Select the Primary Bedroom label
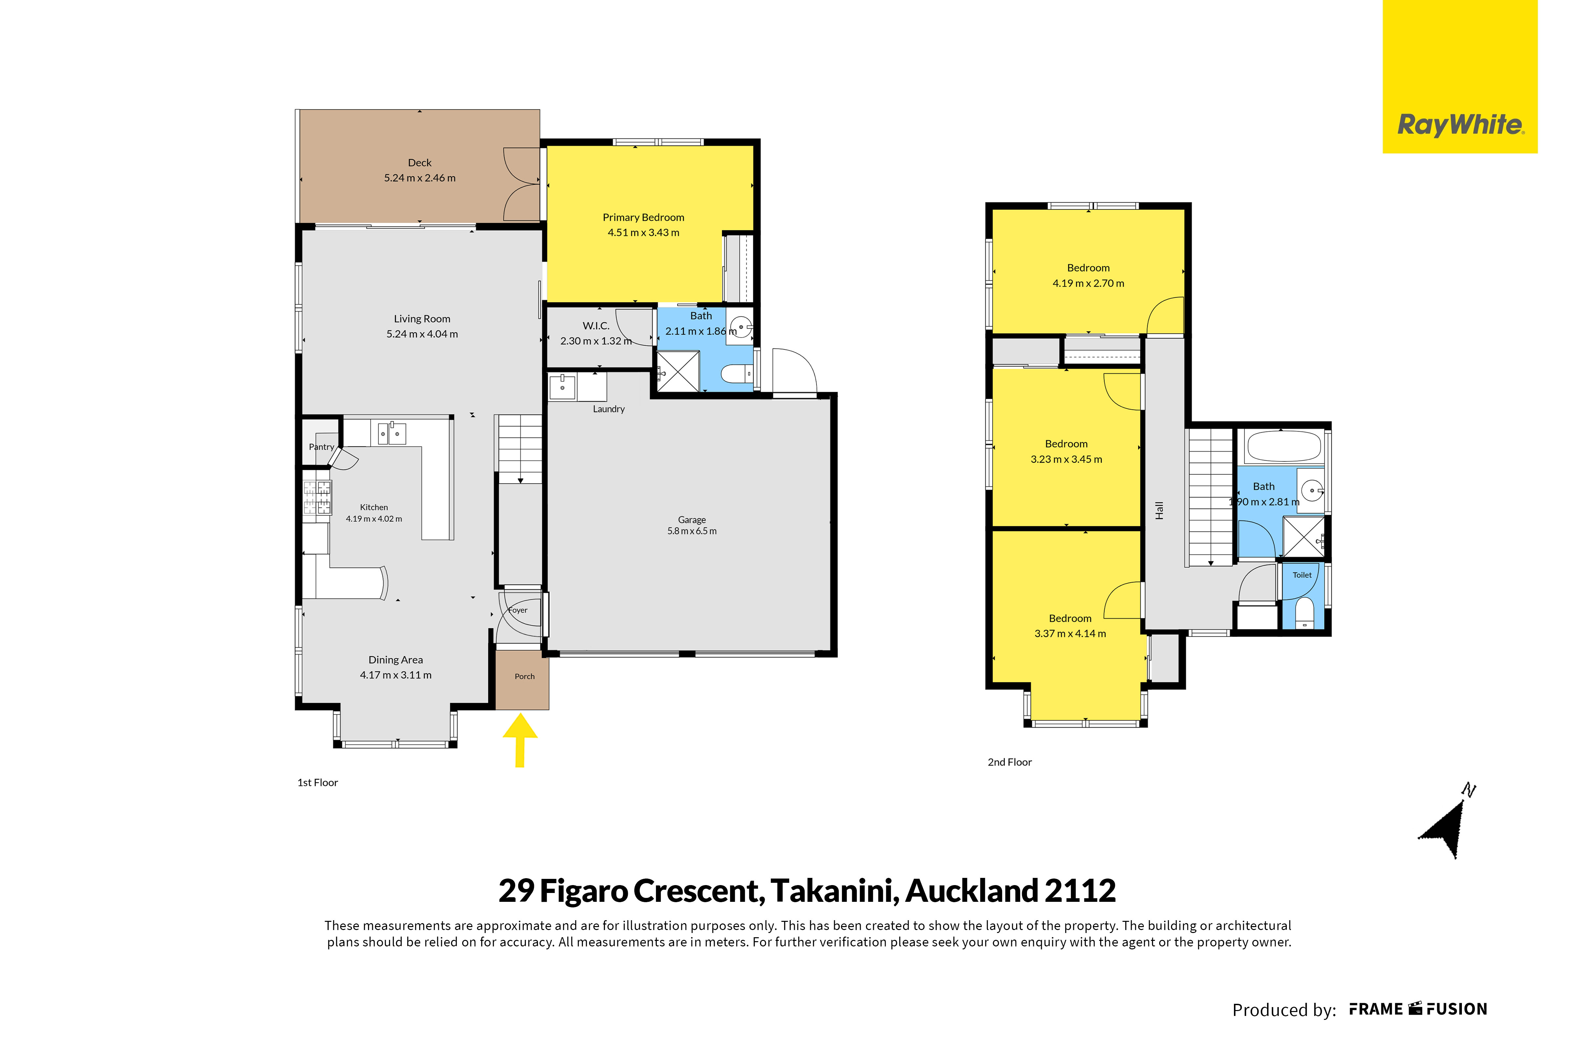644,217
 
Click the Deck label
420,163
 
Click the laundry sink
562,388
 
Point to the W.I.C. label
596,326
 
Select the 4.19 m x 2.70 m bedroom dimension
1088,283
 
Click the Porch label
524,676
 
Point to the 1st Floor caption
318,782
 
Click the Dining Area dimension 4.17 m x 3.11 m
396,675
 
